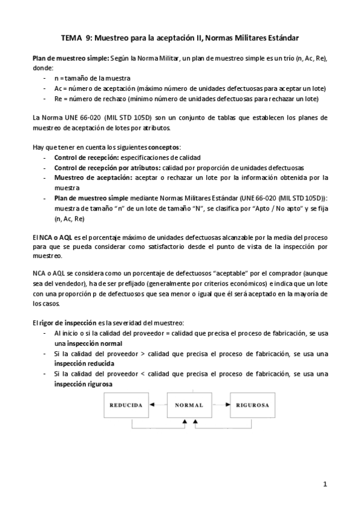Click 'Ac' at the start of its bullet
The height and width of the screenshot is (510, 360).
click(58, 88)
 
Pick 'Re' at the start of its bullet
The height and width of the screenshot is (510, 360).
click(58, 99)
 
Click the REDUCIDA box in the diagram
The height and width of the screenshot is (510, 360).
click(126, 405)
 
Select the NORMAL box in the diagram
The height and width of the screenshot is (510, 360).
click(189, 405)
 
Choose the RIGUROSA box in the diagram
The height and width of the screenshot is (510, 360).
click(252, 405)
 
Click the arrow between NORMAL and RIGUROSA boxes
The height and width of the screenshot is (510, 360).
click(221, 405)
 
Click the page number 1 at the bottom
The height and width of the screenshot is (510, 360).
click(324, 484)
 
